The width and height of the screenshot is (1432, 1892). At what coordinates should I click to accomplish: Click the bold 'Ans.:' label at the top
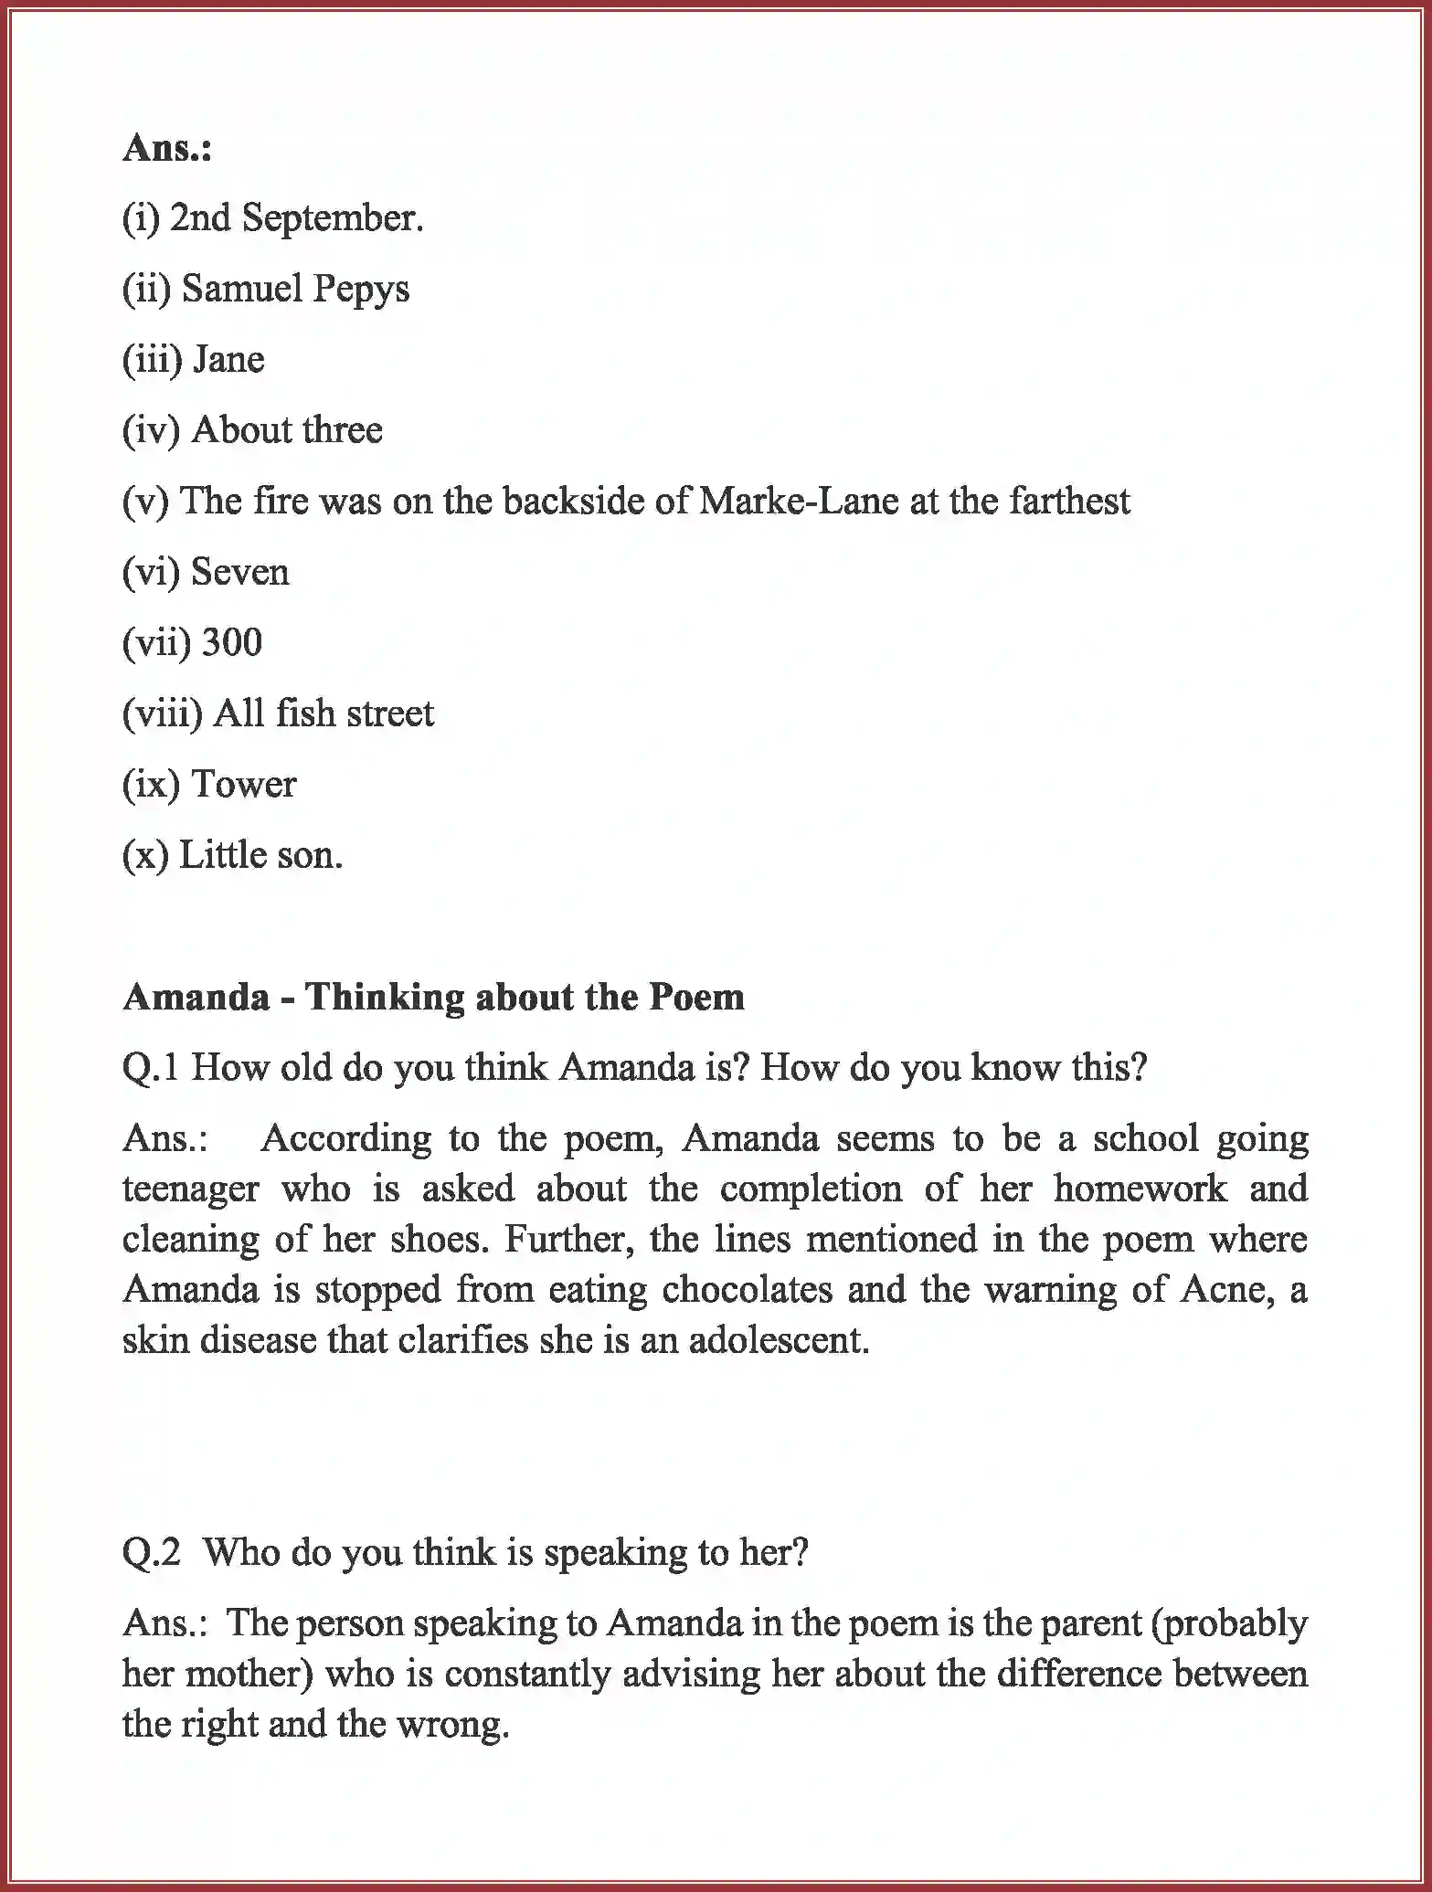(x=167, y=148)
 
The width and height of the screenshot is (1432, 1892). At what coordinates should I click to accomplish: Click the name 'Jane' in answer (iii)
(x=229, y=360)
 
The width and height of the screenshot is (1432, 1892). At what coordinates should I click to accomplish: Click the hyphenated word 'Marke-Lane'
(x=799, y=501)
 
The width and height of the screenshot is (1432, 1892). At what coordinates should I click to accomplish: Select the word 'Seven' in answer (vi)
(x=240, y=572)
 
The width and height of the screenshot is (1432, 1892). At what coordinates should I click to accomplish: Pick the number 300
(x=232, y=642)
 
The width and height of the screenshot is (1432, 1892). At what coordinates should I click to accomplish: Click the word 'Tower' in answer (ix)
(x=244, y=784)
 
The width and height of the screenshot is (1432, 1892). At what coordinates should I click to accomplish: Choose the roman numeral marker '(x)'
(x=145, y=855)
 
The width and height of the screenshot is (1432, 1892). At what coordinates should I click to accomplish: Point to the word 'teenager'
(x=191, y=1189)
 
